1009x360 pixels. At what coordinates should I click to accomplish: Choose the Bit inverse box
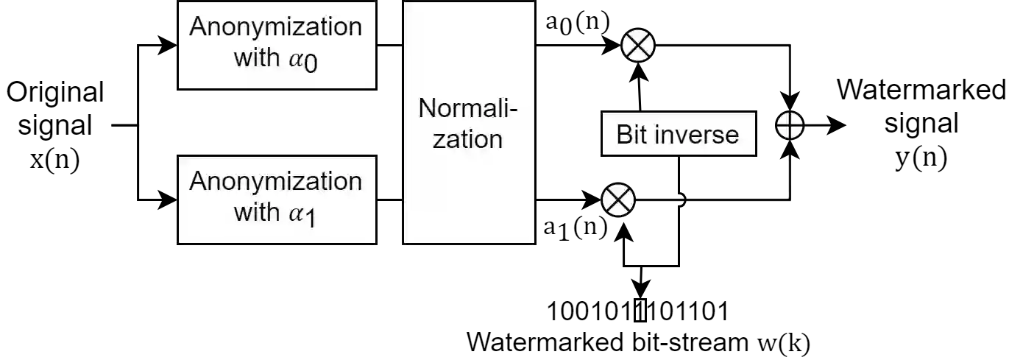pos(679,135)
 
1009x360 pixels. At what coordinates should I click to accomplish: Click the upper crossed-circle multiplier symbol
pos(637,46)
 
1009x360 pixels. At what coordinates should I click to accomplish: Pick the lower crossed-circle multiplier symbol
pos(618,200)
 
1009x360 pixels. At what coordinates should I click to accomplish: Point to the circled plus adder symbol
pos(790,126)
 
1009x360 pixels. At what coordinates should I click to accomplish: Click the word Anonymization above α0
pos(276,27)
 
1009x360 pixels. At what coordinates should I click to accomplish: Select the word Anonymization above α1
pos(276,182)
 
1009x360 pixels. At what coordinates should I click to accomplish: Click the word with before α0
pos(257,58)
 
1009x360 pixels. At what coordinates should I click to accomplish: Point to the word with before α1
pos(257,213)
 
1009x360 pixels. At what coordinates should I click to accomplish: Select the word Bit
pos(632,135)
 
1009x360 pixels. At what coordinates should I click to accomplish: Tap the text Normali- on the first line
pos(468,109)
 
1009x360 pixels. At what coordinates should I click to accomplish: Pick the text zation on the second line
pos(467,139)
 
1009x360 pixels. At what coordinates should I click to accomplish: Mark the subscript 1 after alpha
pos(310,219)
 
